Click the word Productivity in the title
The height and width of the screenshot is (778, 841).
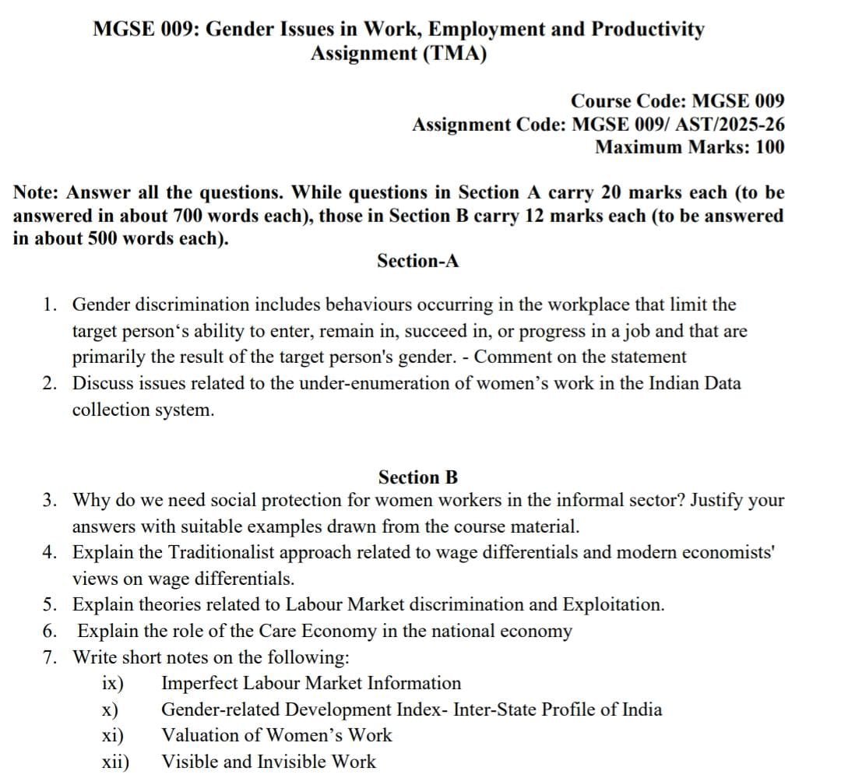(648, 30)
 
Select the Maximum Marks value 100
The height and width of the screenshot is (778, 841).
(770, 146)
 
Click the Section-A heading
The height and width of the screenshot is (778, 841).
(418, 261)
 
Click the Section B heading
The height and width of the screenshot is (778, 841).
(418, 477)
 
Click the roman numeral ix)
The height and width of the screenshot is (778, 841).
(113, 684)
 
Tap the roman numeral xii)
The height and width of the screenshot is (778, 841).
(116, 762)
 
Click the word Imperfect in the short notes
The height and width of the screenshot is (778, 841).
(199, 684)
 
